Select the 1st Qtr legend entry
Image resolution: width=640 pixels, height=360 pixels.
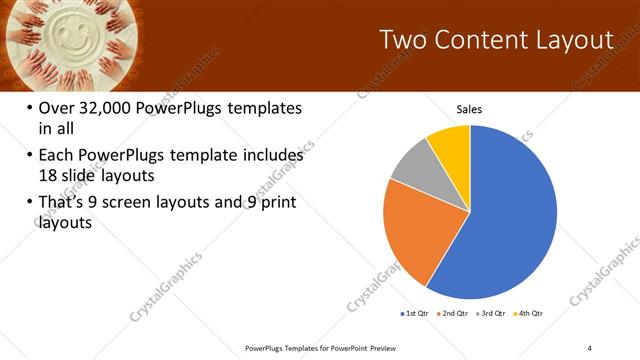pos(415,313)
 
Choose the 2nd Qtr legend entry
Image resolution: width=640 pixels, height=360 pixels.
pos(453,313)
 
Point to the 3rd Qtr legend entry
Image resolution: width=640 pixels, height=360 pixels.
pos(491,313)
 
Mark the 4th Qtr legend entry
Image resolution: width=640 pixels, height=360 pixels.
pos(529,313)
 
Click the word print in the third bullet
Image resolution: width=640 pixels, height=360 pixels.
pos(276,204)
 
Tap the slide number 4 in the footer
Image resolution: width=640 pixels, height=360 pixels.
pos(590,347)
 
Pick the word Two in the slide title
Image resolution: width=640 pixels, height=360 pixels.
pos(405,40)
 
